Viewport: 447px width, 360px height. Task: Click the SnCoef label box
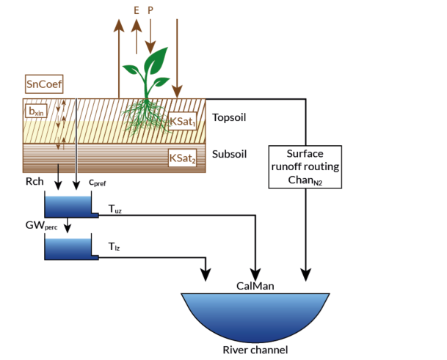[43, 84]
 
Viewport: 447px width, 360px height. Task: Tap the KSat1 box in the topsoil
[183, 121]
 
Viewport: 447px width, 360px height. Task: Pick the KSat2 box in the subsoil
[183, 158]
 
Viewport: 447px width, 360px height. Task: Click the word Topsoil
[230, 117]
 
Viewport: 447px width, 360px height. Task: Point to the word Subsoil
[230, 155]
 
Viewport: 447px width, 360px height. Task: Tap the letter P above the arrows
[151, 11]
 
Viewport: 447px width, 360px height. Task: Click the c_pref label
[98, 182]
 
